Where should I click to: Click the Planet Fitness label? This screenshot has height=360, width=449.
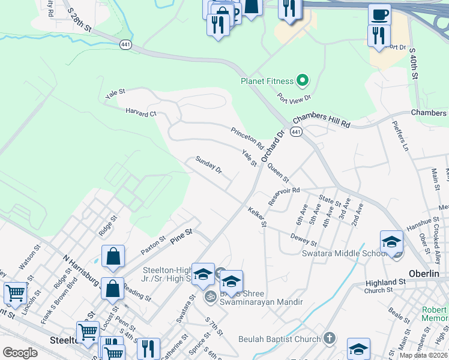pyautogui.click(x=267, y=81)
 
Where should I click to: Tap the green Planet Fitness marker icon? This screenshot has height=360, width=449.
pyautogui.click(x=303, y=80)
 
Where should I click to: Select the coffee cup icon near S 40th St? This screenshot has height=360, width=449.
pyautogui.click(x=379, y=13)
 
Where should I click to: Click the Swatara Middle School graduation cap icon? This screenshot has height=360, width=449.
pyautogui.click(x=391, y=242)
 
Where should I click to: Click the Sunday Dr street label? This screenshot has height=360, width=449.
pyautogui.click(x=209, y=166)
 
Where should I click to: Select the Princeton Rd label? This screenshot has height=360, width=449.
pyautogui.click(x=247, y=138)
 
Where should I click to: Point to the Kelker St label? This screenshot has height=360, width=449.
pyautogui.click(x=257, y=217)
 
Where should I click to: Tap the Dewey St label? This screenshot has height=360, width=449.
pyautogui.click(x=303, y=239)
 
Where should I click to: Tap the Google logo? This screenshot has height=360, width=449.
pyautogui.click(x=20, y=352)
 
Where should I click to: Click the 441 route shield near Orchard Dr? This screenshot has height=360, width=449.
pyautogui.click(x=296, y=131)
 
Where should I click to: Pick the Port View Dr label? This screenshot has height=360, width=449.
pyautogui.click(x=294, y=97)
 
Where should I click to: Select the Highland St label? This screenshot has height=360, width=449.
pyautogui.click(x=385, y=282)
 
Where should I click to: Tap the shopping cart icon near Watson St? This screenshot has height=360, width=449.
pyautogui.click(x=15, y=293)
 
